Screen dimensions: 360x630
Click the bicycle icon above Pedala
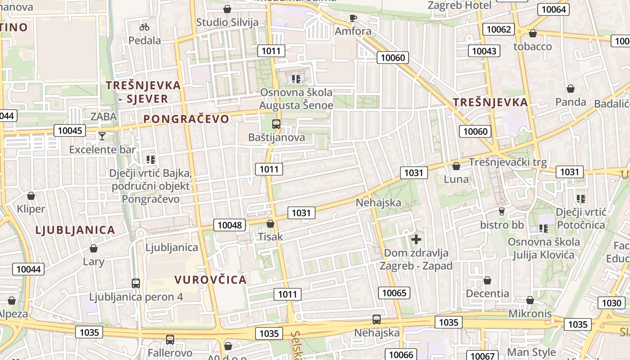click(144, 27)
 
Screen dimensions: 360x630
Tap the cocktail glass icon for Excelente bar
click(103, 136)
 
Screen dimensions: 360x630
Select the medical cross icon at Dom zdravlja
click(416, 239)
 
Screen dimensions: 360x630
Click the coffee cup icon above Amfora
click(353, 18)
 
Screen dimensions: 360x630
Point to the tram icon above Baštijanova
click(276, 124)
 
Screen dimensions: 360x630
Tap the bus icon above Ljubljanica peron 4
click(136, 283)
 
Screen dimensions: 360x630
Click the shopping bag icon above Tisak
click(270, 223)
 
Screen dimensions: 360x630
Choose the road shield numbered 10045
click(71, 130)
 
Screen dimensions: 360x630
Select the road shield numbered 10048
click(230, 225)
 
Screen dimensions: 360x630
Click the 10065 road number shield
click(394, 293)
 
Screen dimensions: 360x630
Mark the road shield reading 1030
click(612, 303)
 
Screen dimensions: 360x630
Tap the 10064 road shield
click(554, 9)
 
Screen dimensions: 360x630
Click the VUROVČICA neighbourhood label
click(211, 279)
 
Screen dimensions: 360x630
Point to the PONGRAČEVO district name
click(186, 119)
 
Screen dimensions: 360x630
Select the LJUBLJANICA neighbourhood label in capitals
click(75, 230)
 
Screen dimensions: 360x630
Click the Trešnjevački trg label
click(508, 162)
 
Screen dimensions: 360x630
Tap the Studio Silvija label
click(227, 22)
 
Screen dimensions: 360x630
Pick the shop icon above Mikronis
click(530, 300)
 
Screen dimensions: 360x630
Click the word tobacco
click(532, 46)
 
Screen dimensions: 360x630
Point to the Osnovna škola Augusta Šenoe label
click(297, 99)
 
